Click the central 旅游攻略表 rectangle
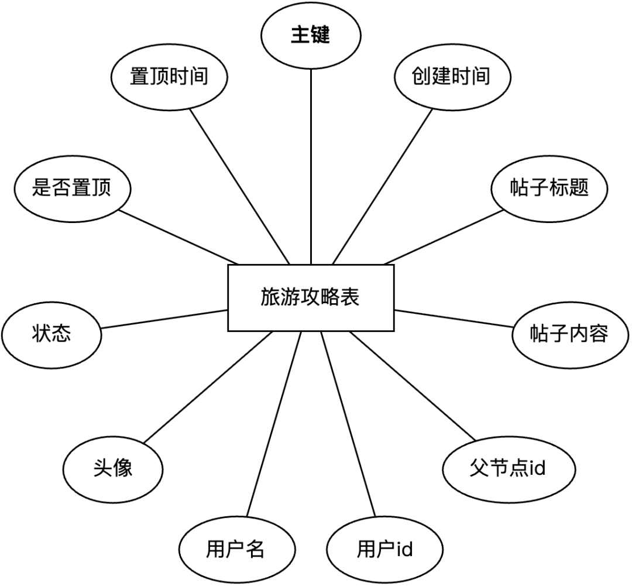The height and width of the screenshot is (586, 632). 310,298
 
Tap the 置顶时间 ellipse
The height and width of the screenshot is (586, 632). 169,77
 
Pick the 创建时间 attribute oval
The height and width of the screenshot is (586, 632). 451,77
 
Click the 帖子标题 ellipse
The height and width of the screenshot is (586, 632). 548,189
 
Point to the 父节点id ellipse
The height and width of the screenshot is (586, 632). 507,469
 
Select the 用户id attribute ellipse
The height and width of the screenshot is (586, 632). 384,550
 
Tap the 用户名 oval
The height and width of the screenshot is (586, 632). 236,550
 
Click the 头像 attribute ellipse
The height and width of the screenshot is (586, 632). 113,469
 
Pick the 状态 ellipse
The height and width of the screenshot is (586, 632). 51,334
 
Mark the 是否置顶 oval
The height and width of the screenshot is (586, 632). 71,189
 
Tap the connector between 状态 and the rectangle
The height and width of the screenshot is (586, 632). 164,319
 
